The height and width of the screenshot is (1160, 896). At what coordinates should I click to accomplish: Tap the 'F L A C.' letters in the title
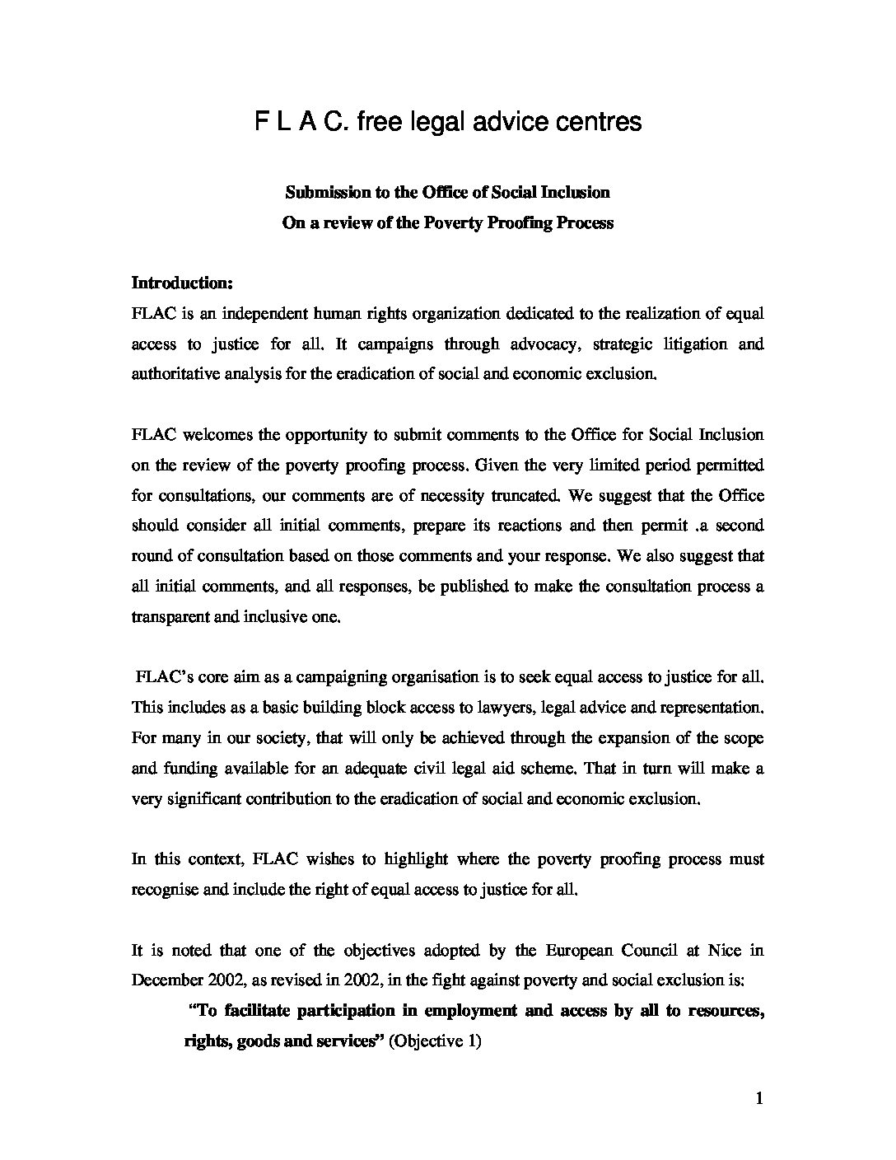[x=302, y=122]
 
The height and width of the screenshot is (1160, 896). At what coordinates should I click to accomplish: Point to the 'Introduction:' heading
[x=183, y=283]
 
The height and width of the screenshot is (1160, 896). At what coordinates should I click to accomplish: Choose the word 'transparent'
[x=170, y=616]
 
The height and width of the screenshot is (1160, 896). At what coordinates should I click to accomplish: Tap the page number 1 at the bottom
[x=759, y=1098]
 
